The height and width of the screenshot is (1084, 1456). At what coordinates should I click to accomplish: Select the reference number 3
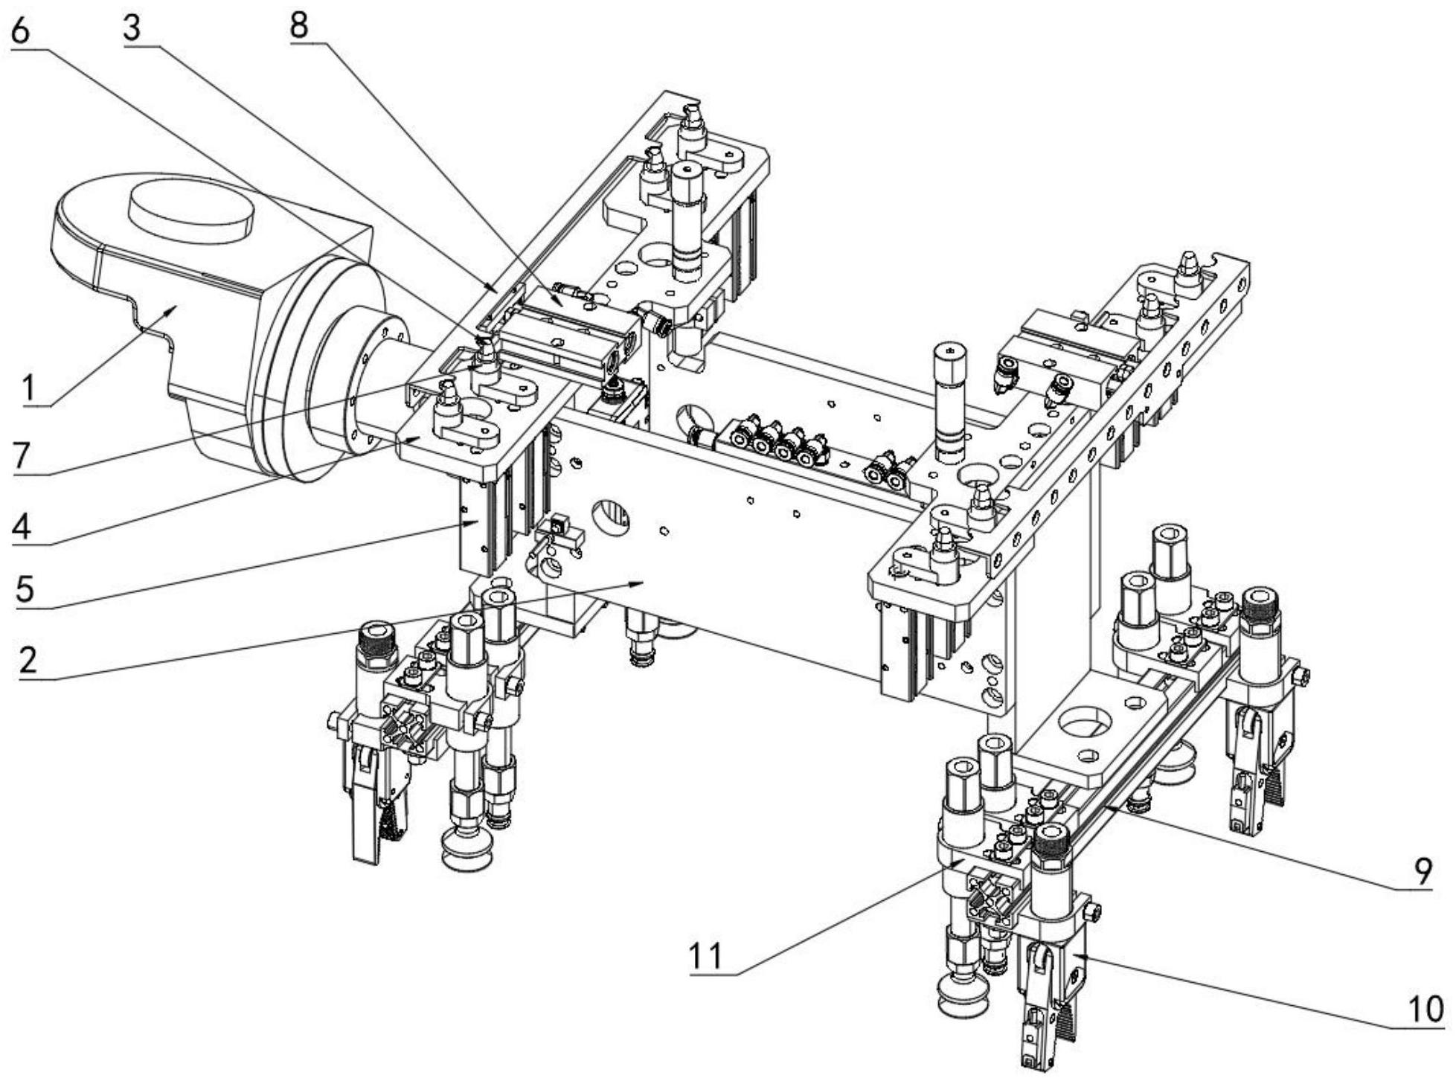tap(132, 28)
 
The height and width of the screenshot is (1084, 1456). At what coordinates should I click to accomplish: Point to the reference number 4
tap(22, 527)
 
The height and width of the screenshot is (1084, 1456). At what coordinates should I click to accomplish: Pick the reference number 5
tap(25, 589)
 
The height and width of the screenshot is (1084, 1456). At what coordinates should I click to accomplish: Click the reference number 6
tap(19, 31)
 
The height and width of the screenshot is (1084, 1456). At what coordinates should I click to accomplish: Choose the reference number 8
tap(299, 26)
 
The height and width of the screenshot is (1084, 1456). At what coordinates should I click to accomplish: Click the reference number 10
tap(1424, 1010)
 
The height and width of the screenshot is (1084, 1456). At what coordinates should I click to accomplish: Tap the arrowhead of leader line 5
tap(478, 523)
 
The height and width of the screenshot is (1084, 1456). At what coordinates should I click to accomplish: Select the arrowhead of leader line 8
tap(562, 305)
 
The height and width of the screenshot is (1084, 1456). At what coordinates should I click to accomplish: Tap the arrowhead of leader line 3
tap(497, 290)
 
